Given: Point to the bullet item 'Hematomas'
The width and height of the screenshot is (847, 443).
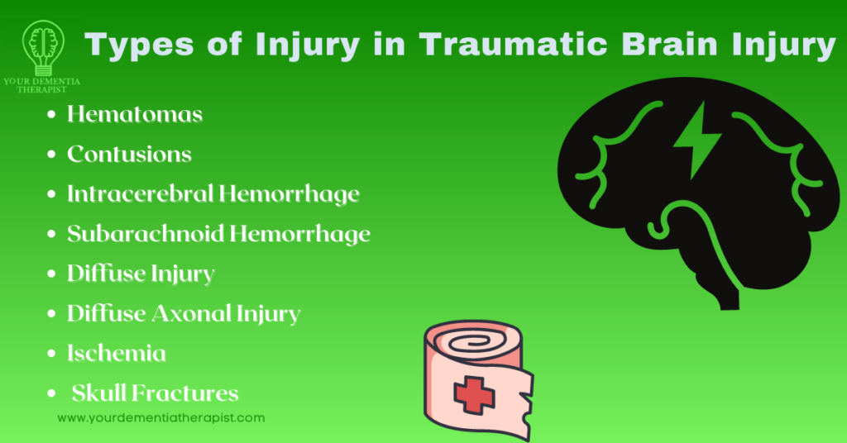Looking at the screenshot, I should tap(135, 114).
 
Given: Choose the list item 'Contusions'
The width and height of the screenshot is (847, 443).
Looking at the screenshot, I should tap(129, 154).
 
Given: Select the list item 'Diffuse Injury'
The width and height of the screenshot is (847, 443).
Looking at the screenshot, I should tap(141, 273).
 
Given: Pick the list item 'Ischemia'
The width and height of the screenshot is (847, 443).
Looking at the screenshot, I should tap(117, 353).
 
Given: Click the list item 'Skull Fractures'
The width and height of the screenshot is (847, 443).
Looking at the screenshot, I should tap(155, 393).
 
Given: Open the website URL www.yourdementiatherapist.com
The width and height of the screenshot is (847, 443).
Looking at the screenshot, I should tap(161, 418).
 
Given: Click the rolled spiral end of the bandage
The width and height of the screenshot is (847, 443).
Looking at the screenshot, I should tap(452, 338).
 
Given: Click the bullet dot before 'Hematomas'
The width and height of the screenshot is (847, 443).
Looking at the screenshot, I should tap(53, 115).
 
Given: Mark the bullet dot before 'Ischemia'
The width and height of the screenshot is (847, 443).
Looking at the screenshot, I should tap(53, 354).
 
